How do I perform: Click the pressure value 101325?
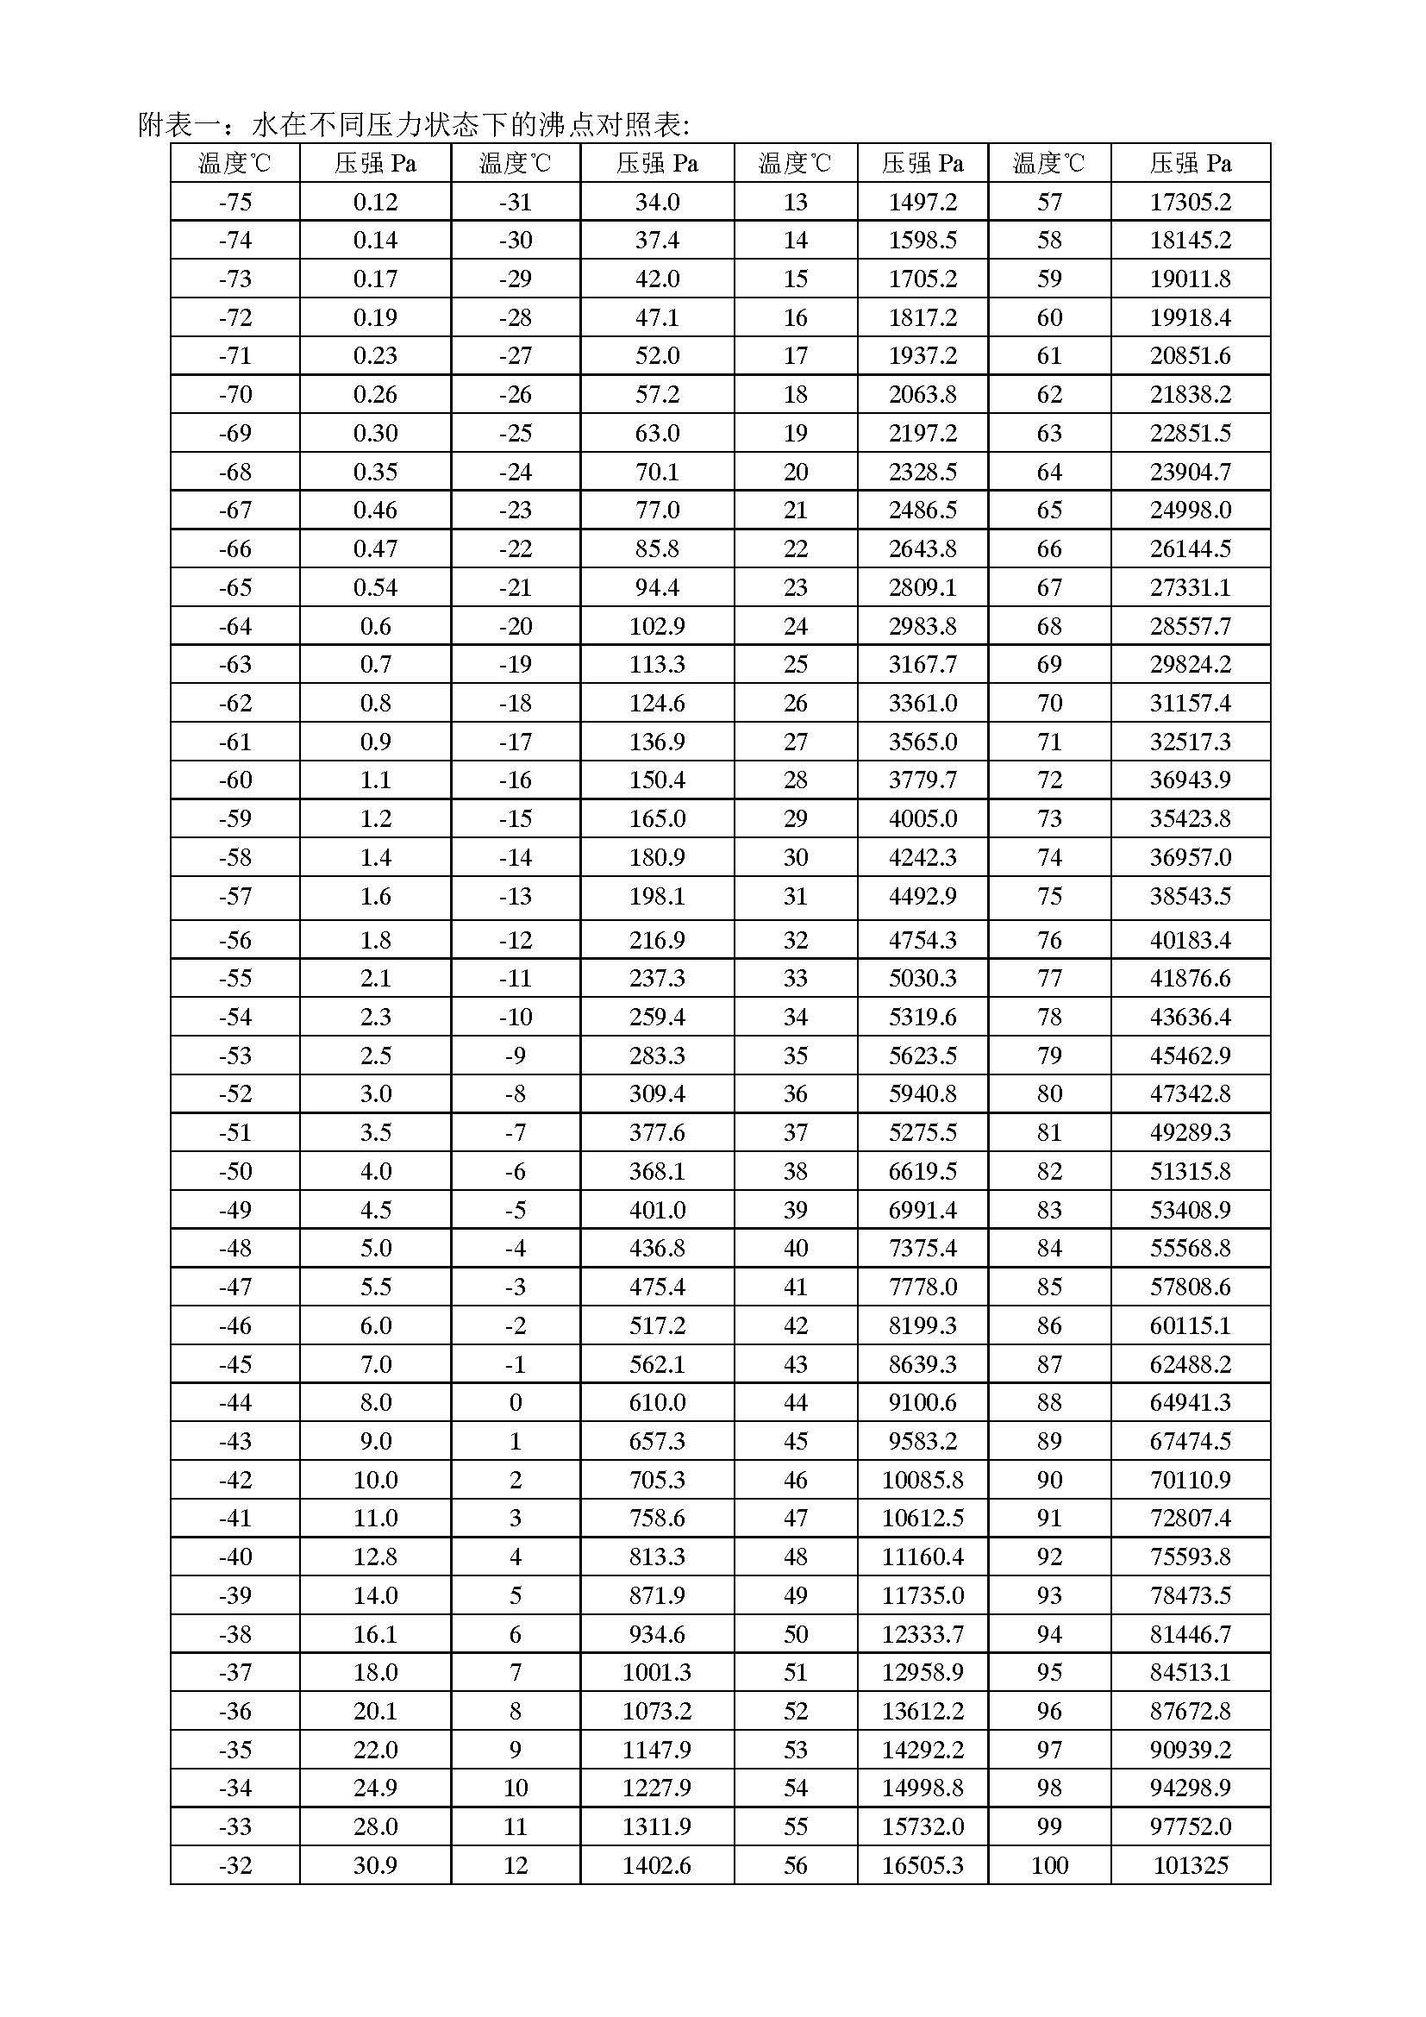point(1190,1865)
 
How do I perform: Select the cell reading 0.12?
point(375,202)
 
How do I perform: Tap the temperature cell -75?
point(235,202)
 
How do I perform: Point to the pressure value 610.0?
point(657,1402)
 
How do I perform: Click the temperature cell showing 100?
point(1049,1865)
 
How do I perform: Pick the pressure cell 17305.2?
point(1190,202)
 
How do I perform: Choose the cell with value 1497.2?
point(922,202)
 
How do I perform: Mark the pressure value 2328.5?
point(922,472)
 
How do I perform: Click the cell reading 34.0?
point(657,202)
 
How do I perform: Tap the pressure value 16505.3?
point(922,1865)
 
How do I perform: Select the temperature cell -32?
point(235,1865)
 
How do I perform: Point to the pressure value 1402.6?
point(657,1865)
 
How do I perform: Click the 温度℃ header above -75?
point(235,163)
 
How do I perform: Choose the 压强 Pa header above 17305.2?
point(1190,163)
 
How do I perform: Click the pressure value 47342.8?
point(1190,1093)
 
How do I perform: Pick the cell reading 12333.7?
point(922,1634)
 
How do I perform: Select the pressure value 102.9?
point(657,626)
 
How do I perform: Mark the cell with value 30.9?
point(375,1865)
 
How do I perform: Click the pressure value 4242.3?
point(922,857)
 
